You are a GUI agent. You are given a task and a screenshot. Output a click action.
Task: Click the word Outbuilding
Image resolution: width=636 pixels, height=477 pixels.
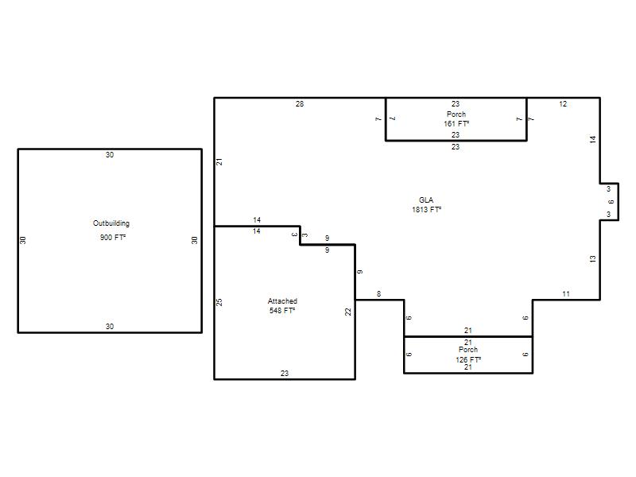tap(111, 223)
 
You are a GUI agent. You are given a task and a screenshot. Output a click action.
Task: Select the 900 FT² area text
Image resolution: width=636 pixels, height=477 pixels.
tap(113, 237)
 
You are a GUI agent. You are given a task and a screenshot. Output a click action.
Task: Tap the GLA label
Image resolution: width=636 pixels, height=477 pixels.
tap(426, 200)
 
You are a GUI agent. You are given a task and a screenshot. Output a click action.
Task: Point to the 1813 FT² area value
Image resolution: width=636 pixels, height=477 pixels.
tap(427, 210)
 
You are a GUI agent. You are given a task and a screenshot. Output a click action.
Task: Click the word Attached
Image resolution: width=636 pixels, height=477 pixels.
tap(282, 301)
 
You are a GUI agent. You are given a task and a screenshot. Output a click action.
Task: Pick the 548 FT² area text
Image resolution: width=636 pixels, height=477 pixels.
tap(282, 311)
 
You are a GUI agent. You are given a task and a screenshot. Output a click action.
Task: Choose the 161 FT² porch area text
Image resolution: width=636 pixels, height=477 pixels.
tap(456, 124)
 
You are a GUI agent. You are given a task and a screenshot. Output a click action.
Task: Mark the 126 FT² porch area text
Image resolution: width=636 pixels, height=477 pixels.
tap(468, 359)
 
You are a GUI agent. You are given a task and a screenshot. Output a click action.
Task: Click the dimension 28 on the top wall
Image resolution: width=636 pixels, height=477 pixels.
tap(300, 104)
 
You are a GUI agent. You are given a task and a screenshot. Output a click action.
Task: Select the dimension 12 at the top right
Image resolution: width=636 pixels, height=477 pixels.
tap(563, 104)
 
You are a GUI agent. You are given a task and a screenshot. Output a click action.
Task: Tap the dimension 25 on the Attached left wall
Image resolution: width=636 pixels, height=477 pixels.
tap(219, 302)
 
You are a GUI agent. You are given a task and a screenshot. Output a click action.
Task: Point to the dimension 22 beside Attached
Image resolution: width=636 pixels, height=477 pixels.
tap(348, 312)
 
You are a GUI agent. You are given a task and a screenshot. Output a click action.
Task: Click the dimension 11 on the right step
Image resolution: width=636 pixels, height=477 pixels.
tap(566, 294)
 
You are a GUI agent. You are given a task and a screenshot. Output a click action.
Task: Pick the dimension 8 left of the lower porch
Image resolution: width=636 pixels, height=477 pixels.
tap(379, 294)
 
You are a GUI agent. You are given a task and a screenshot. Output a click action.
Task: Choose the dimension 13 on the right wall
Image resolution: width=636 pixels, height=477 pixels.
tap(592, 259)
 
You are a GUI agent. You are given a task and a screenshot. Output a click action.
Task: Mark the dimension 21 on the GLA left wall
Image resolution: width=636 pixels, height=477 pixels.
tap(219, 161)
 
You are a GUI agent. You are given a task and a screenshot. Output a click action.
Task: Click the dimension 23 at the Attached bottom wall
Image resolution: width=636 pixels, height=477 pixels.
tap(285, 373)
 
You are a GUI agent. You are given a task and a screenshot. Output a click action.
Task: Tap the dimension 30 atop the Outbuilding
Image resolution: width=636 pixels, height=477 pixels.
tap(110, 154)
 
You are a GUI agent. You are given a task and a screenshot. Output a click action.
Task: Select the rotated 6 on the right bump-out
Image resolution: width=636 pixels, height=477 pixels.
tap(611, 202)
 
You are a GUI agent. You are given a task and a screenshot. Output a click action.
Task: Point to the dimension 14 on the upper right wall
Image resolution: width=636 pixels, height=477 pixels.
tap(592, 140)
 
